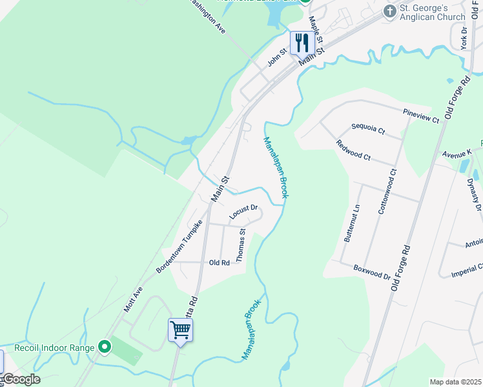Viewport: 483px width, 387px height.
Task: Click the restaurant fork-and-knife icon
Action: (302, 43)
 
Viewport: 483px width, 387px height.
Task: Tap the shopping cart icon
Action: (180, 330)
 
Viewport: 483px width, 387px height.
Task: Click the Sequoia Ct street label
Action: (367, 129)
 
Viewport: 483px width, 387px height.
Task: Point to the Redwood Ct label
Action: (353, 152)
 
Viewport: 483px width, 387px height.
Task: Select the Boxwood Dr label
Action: (372, 272)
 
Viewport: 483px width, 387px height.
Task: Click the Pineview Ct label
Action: (420, 115)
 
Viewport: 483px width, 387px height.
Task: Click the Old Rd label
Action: (220, 263)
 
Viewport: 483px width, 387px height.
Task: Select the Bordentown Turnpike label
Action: (180, 246)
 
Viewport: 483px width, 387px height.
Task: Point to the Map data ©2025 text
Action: (455, 382)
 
